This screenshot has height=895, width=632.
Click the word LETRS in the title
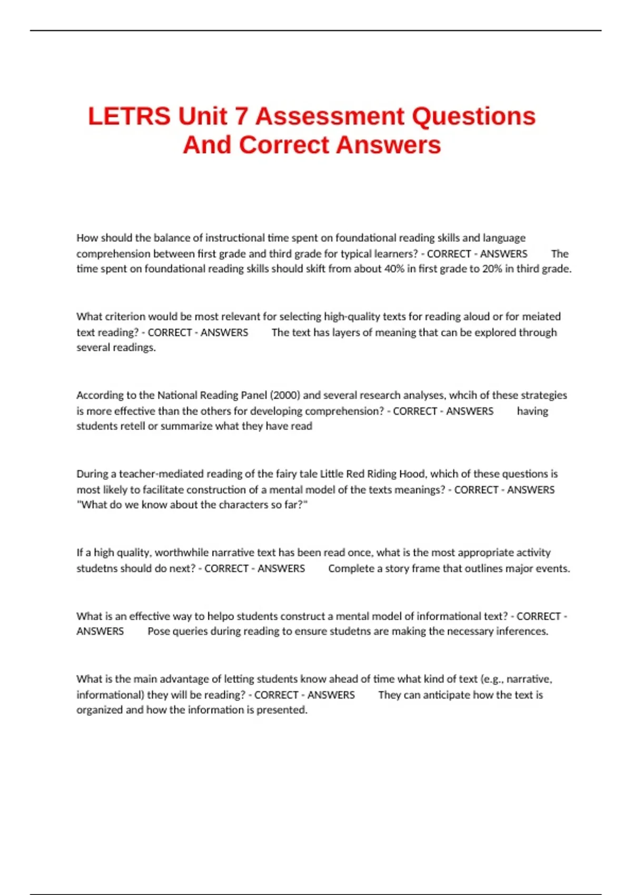click(129, 116)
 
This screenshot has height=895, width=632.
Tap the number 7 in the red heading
click(241, 116)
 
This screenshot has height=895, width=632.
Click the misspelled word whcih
click(462, 395)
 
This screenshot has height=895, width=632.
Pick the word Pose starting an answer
click(159, 631)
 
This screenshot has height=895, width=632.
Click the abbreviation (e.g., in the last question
click(492, 679)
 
